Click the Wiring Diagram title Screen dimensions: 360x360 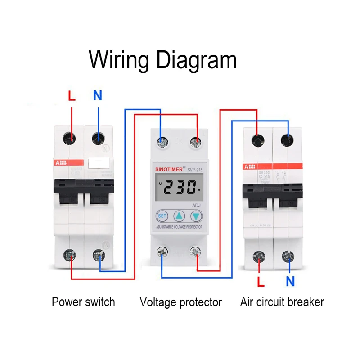tap(163, 60)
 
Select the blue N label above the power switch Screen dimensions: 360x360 tap(98, 95)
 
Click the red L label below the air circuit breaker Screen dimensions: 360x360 tap(260, 282)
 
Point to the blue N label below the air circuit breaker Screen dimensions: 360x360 tap(290, 282)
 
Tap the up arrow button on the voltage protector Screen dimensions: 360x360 tap(180, 216)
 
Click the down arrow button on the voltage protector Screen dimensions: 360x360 tap(197, 216)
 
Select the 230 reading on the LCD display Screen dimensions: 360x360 tap(179, 187)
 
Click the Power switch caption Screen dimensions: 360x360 tap(83, 301)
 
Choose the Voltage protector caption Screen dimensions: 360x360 tap(181, 301)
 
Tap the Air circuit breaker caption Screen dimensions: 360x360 tap(282, 301)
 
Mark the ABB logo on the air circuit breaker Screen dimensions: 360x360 tap(249, 167)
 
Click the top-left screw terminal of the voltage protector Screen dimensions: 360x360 tap(162, 142)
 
